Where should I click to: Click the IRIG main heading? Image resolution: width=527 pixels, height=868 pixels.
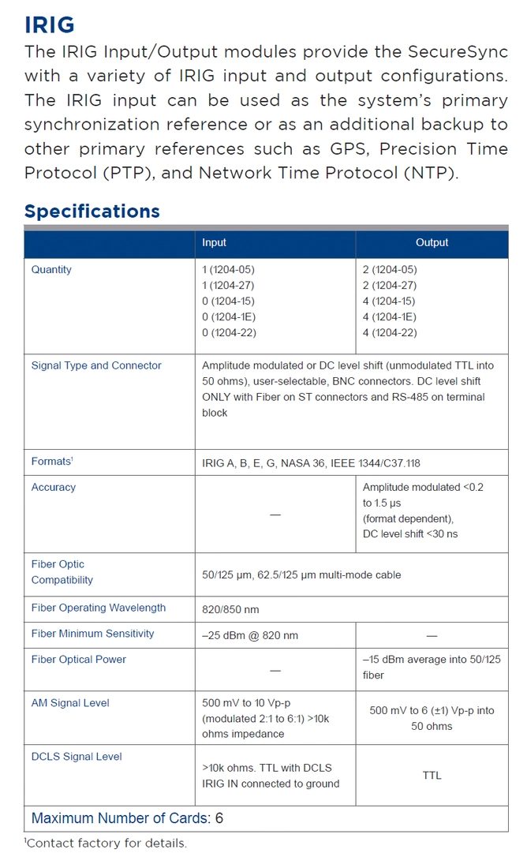50,24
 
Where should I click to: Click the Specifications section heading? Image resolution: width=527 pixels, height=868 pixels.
92,211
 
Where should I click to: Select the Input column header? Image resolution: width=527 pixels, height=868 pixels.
214,243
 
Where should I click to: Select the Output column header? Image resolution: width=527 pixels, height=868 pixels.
432,243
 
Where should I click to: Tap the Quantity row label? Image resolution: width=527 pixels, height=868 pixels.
51,270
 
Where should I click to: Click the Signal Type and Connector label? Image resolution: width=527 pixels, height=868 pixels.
96,366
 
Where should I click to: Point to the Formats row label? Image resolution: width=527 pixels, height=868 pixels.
52,462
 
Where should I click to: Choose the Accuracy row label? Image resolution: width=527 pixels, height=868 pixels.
54,488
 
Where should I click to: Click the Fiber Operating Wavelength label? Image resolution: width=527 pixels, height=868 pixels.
99,608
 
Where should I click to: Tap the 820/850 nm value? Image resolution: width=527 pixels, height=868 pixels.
230,609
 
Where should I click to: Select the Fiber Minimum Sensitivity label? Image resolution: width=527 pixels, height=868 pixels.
93,634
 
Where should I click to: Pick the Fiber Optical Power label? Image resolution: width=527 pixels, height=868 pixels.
79,660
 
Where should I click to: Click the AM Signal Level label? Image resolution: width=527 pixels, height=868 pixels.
70,703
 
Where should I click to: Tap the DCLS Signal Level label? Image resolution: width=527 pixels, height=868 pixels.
77,757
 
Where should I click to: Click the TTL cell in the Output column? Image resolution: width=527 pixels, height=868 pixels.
432,776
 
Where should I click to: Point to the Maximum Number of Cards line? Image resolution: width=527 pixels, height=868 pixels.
127,818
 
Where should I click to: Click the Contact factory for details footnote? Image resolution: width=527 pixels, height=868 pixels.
107,844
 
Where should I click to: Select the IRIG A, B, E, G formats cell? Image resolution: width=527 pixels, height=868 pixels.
316,463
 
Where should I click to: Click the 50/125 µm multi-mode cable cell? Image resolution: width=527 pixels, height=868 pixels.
301,575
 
